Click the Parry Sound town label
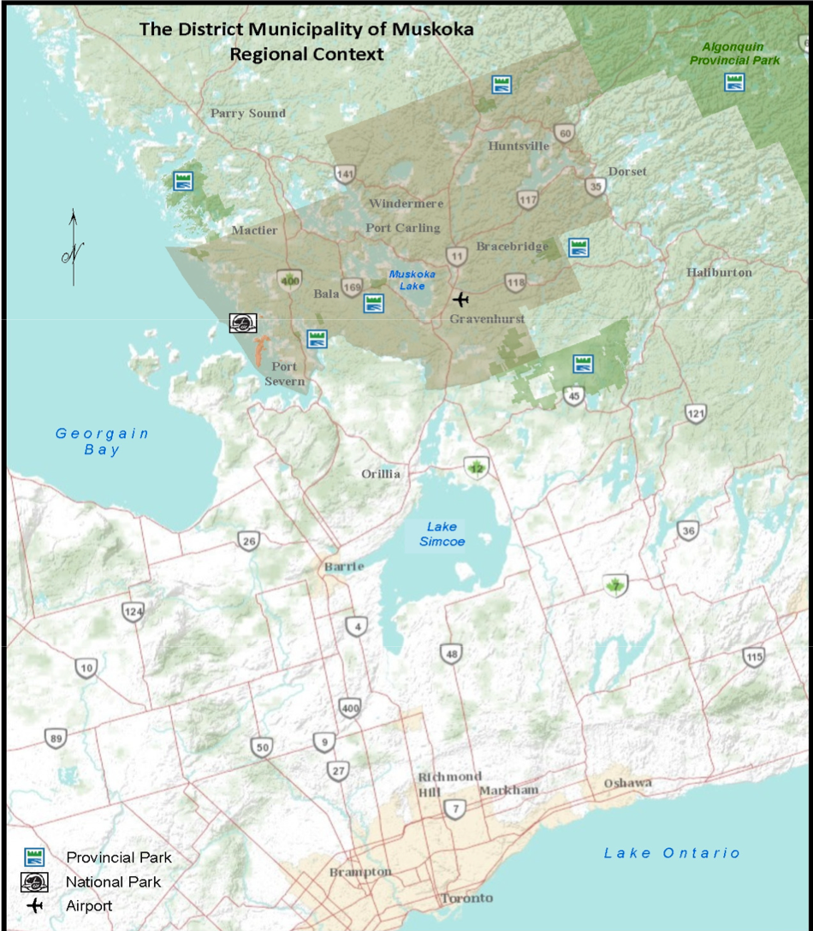click(x=248, y=113)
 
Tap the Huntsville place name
click(x=519, y=145)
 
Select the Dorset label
click(x=627, y=171)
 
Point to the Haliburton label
click(x=719, y=272)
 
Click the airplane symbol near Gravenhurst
click(x=461, y=299)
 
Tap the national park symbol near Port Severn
click(x=242, y=323)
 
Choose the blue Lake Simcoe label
click(x=442, y=534)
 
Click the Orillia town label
click(x=381, y=474)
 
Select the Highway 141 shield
click(x=345, y=175)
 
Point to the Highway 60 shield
click(x=563, y=133)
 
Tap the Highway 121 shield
click(x=696, y=414)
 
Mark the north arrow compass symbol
click(x=74, y=248)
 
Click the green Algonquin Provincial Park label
click(x=733, y=53)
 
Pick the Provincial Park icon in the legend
click(x=34, y=857)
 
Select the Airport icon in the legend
click(x=34, y=905)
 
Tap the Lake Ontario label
click(x=672, y=852)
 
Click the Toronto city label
click(x=466, y=898)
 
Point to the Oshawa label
click(x=627, y=783)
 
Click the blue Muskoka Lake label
click(x=406, y=280)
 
